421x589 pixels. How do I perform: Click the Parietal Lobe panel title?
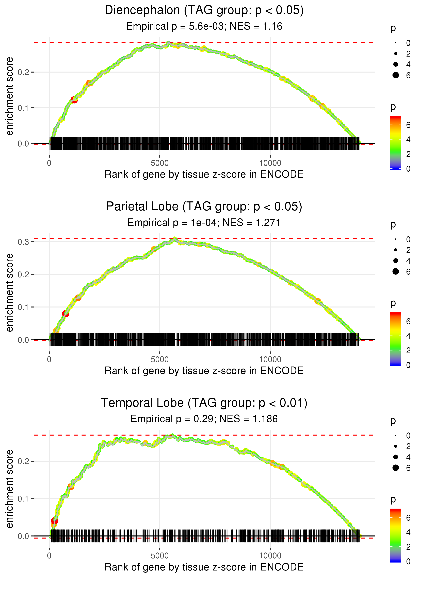pyautogui.click(x=204, y=207)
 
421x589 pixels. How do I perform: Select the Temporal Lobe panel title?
pyautogui.click(x=204, y=403)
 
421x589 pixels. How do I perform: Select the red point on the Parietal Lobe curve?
pyautogui.click(x=66, y=314)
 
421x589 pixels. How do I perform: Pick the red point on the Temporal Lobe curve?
pyautogui.click(x=54, y=521)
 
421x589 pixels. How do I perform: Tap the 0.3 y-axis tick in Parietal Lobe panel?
pyautogui.click(x=23, y=242)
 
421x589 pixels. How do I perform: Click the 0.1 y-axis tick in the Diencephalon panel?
pyautogui.click(x=23, y=108)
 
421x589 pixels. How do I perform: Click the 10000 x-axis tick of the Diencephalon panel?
pyautogui.click(x=270, y=163)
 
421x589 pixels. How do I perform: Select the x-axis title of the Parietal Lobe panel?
pyautogui.click(x=204, y=371)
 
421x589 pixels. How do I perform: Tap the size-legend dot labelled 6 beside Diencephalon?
pyautogui.click(x=396, y=75)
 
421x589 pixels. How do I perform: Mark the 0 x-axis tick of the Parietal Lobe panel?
pyautogui.click(x=49, y=359)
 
